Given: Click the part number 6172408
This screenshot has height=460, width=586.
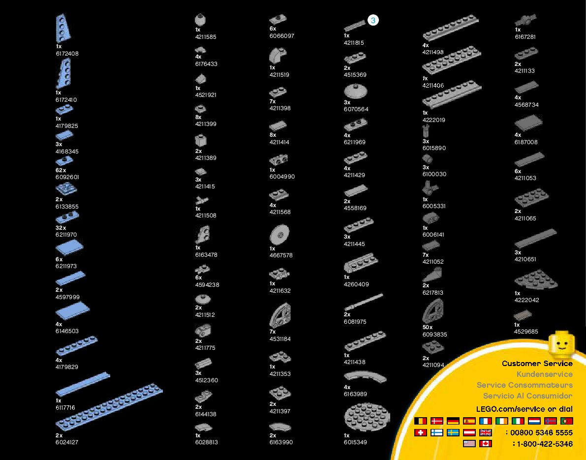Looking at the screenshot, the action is (67, 54).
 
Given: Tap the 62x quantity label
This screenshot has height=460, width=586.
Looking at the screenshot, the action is (61, 170).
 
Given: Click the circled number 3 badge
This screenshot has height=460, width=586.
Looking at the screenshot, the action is (373, 20).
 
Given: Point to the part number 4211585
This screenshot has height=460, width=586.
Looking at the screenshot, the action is (206, 37).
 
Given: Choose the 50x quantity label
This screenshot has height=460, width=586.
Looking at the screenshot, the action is (428, 327).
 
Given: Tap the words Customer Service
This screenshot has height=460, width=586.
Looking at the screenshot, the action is (537, 364).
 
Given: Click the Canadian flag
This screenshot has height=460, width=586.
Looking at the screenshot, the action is (485, 444).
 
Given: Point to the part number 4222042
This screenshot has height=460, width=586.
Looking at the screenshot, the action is (527, 300).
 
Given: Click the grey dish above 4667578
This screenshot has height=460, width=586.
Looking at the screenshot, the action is (279, 235).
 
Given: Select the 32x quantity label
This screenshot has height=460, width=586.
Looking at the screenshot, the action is (61, 228).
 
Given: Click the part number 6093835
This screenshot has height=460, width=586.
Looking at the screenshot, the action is (434, 335).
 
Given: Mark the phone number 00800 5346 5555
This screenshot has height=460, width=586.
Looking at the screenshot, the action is (541, 432).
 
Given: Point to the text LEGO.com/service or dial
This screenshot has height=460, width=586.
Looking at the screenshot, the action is (524, 409).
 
